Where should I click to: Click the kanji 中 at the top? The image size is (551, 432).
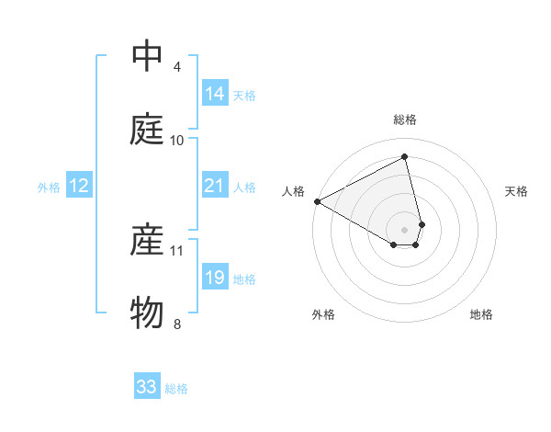click(x=147, y=58)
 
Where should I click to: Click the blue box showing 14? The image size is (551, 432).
click(x=215, y=94)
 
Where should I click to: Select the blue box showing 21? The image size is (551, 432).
click(x=215, y=186)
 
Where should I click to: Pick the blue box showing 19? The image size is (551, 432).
click(x=215, y=278)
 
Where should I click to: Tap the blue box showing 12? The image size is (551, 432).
click(x=79, y=186)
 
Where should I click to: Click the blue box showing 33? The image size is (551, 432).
click(x=147, y=387)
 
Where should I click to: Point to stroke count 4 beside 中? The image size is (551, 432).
click(x=177, y=67)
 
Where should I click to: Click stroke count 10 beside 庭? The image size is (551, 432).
click(x=177, y=140)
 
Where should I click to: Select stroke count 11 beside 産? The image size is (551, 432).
click(x=177, y=250)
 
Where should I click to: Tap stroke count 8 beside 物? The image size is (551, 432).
click(x=177, y=323)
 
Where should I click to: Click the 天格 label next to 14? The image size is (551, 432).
click(x=244, y=95)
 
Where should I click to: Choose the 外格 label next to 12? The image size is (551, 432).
click(x=49, y=187)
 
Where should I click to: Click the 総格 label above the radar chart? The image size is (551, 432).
click(x=405, y=119)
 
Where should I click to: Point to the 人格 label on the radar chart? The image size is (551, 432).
click(x=294, y=191)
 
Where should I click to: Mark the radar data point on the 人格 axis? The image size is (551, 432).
click(x=317, y=201)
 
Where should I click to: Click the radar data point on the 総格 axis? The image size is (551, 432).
click(x=405, y=156)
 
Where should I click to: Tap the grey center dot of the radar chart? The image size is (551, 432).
click(x=405, y=229)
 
